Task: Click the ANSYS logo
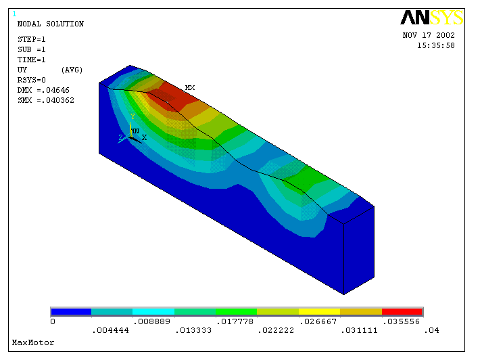(x=431, y=18)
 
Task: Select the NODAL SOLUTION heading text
(x=51, y=24)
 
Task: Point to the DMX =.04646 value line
(x=43, y=90)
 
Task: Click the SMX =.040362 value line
(x=46, y=100)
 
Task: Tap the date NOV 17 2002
(x=429, y=35)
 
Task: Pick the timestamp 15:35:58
(x=436, y=45)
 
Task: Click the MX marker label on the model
(x=190, y=88)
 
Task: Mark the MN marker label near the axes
(x=135, y=131)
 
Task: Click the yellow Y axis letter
(x=132, y=116)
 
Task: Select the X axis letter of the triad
(x=144, y=137)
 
